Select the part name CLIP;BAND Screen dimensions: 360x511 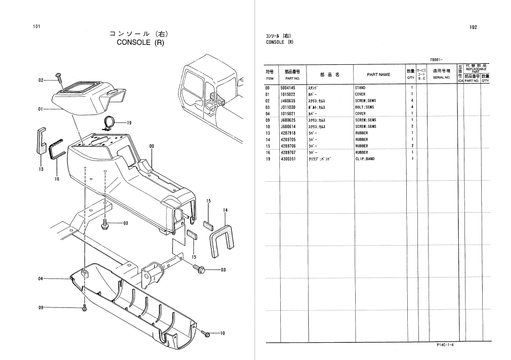click(x=364, y=159)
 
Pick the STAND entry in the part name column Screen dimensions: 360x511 click(x=360, y=88)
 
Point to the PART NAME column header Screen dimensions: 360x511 click(x=378, y=74)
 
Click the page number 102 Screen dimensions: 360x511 click(x=473, y=27)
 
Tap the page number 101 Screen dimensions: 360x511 click(x=36, y=27)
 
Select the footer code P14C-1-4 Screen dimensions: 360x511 click(x=445, y=345)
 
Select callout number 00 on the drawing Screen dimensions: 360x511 click(x=151, y=146)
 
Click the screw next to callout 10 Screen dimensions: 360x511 click(x=206, y=333)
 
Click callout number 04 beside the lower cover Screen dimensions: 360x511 click(x=40, y=278)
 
